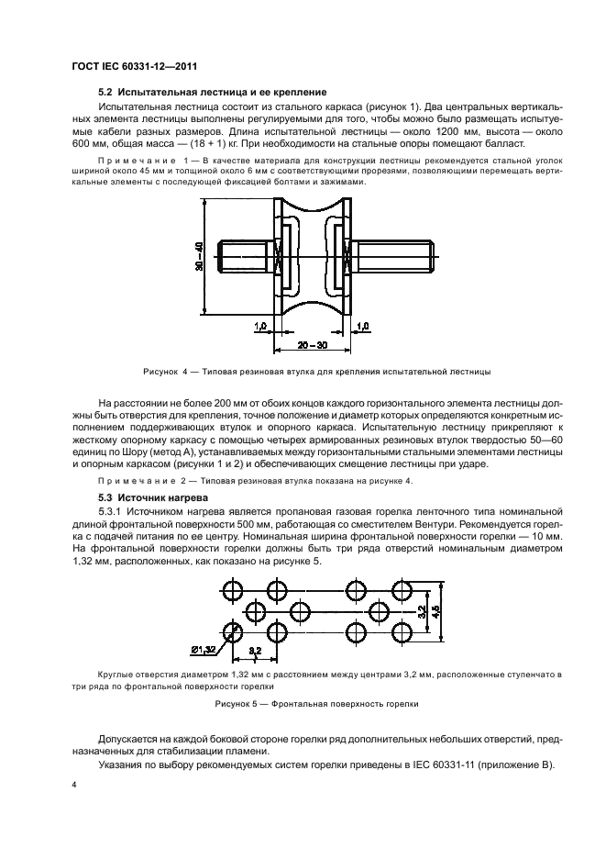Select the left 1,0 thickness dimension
259,325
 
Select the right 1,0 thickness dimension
362,325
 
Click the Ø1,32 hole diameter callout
204,650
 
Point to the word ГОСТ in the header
88,66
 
